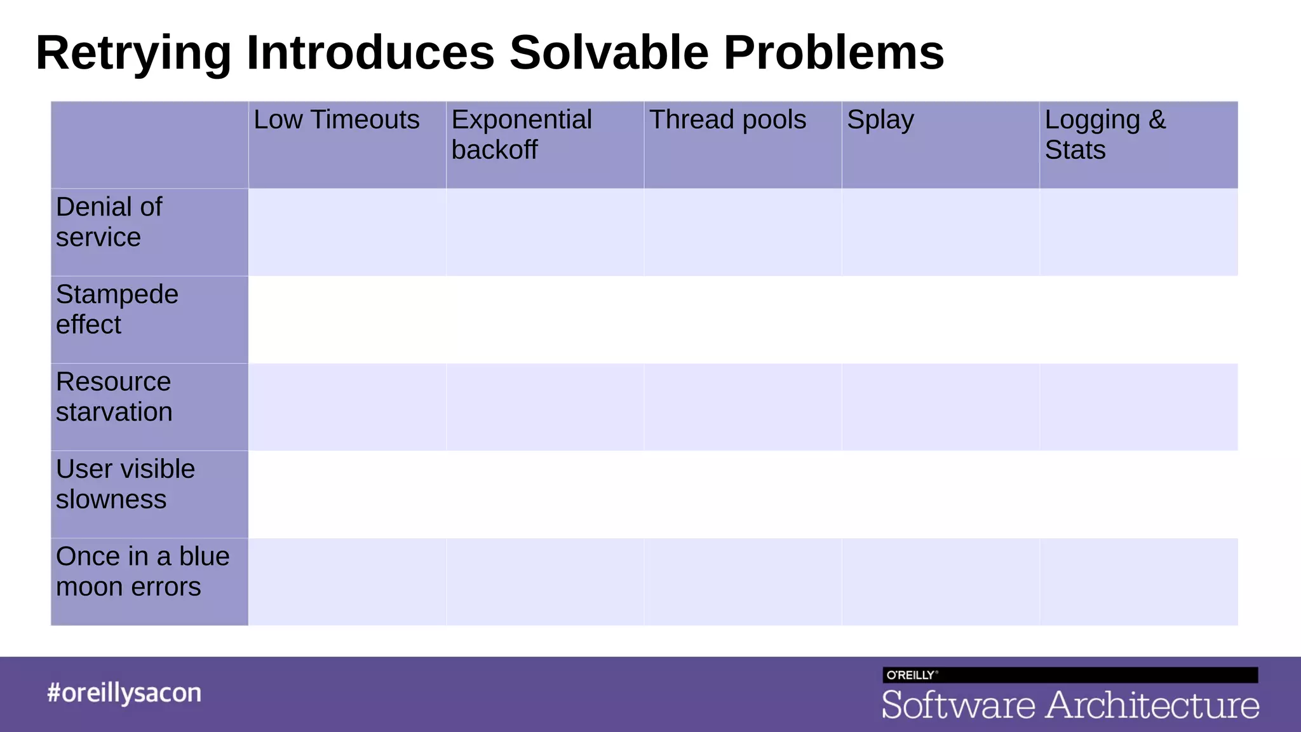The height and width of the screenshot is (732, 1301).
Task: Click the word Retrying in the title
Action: pyautogui.click(x=133, y=53)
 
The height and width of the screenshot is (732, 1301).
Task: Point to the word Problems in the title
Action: pyautogui.click(x=833, y=52)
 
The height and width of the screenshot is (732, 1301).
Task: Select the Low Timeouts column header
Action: pyautogui.click(x=337, y=120)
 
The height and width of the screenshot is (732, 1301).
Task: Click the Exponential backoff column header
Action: pyautogui.click(x=522, y=135)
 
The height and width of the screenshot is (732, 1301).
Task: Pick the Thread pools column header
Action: pyautogui.click(x=727, y=120)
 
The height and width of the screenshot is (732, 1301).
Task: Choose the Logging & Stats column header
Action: pyautogui.click(x=1105, y=135)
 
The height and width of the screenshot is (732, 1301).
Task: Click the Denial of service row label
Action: pyautogui.click(x=109, y=222)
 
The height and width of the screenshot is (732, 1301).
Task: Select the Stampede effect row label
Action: pyautogui.click(x=117, y=309)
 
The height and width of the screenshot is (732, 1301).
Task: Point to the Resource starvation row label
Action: pyautogui.click(x=114, y=396)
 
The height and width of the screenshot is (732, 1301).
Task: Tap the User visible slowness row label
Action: pyautogui.click(x=125, y=484)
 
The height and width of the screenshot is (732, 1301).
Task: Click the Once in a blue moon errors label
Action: pyautogui.click(x=142, y=571)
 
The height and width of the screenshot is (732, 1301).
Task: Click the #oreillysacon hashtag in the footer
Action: pyautogui.click(x=125, y=693)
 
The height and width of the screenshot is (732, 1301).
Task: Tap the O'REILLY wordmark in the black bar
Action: pyautogui.click(x=910, y=675)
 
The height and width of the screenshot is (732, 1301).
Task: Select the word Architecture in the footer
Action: pyautogui.click(x=1152, y=705)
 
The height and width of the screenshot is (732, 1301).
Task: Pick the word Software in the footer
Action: pyautogui.click(x=958, y=705)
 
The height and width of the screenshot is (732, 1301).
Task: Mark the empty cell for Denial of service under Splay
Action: pyautogui.click(x=941, y=232)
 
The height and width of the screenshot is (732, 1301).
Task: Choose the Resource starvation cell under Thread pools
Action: pyautogui.click(x=743, y=407)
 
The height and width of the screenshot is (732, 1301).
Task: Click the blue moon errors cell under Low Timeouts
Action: pyautogui.click(x=347, y=581)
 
